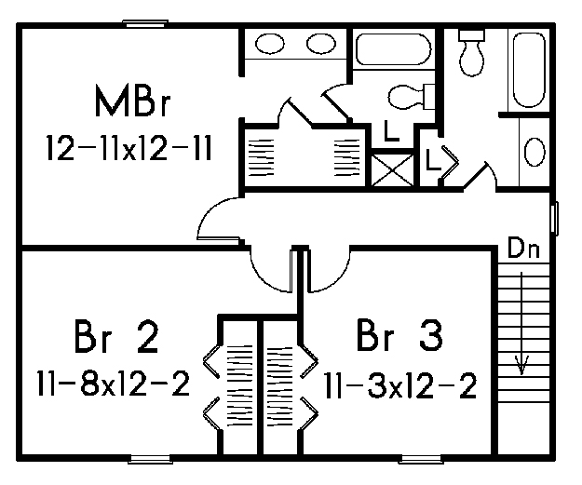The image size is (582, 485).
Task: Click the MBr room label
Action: (x=132, y=101)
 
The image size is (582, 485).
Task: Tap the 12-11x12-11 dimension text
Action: (x=129, y=148)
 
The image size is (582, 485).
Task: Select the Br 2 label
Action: (x=116, y=337)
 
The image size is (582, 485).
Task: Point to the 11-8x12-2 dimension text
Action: (x=114, y=384)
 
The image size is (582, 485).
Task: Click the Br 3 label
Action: (x=399, y=335)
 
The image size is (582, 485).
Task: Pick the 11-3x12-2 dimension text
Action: (x=400, y=386)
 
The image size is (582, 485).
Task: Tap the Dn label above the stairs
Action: (x=523, y=248)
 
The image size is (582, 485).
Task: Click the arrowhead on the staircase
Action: (x=521, y=366)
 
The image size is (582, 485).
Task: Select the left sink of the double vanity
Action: (x=270, y=44)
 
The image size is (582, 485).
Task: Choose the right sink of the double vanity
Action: (x=321, y=44)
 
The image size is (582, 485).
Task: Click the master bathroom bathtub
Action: (x=394, y=49)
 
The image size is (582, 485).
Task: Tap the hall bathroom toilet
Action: (x=472, y=53)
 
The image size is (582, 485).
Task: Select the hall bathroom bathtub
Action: (x=530, y=70)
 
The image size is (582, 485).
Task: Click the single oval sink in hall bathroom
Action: (x=535, y=152)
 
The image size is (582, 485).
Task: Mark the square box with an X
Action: (x=392, y=170)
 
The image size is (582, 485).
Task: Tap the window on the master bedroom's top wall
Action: (x=145, y=23)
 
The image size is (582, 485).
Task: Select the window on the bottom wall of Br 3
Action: (x=421, y=459)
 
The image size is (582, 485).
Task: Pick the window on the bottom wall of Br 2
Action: (x=150, y=459)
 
